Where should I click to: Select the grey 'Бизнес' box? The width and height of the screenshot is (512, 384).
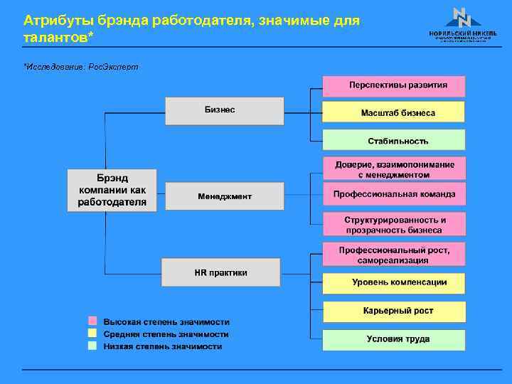click(x=225, y=110)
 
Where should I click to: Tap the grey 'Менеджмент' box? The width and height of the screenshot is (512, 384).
click(x=225, y=196)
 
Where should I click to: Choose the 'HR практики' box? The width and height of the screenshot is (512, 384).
click(x=221, y=272)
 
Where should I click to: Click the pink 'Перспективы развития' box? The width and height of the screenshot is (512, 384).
click(x=394, y=85)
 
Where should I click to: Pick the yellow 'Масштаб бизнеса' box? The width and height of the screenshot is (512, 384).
click(x=394, y=112)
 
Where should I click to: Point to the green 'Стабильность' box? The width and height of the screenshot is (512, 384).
click(x=394, y=140)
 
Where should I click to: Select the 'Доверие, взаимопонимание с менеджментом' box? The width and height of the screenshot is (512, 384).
click(x=394, y=169)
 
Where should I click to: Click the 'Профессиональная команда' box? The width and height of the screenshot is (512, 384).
click(x=394, y=194)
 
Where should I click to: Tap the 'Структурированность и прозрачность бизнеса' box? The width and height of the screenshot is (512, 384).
click(x=394, y=225)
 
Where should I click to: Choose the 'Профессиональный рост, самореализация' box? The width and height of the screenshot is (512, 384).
click(x=394, y=255)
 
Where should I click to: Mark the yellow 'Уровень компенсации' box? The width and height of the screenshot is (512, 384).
click(x=394, y=282)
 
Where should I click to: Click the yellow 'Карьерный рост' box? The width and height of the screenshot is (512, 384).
click(x=394, y=311)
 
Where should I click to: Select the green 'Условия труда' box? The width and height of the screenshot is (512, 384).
click(x=394, y=339)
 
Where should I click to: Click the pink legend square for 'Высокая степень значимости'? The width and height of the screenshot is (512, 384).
click(x=92, y=321)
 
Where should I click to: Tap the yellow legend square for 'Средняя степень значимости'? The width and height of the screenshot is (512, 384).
click(x=92, y=334)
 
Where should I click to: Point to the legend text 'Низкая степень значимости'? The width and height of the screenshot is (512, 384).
click(x=163, y=346)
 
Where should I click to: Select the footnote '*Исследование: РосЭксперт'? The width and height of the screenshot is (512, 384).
click(x=80, y=66)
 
